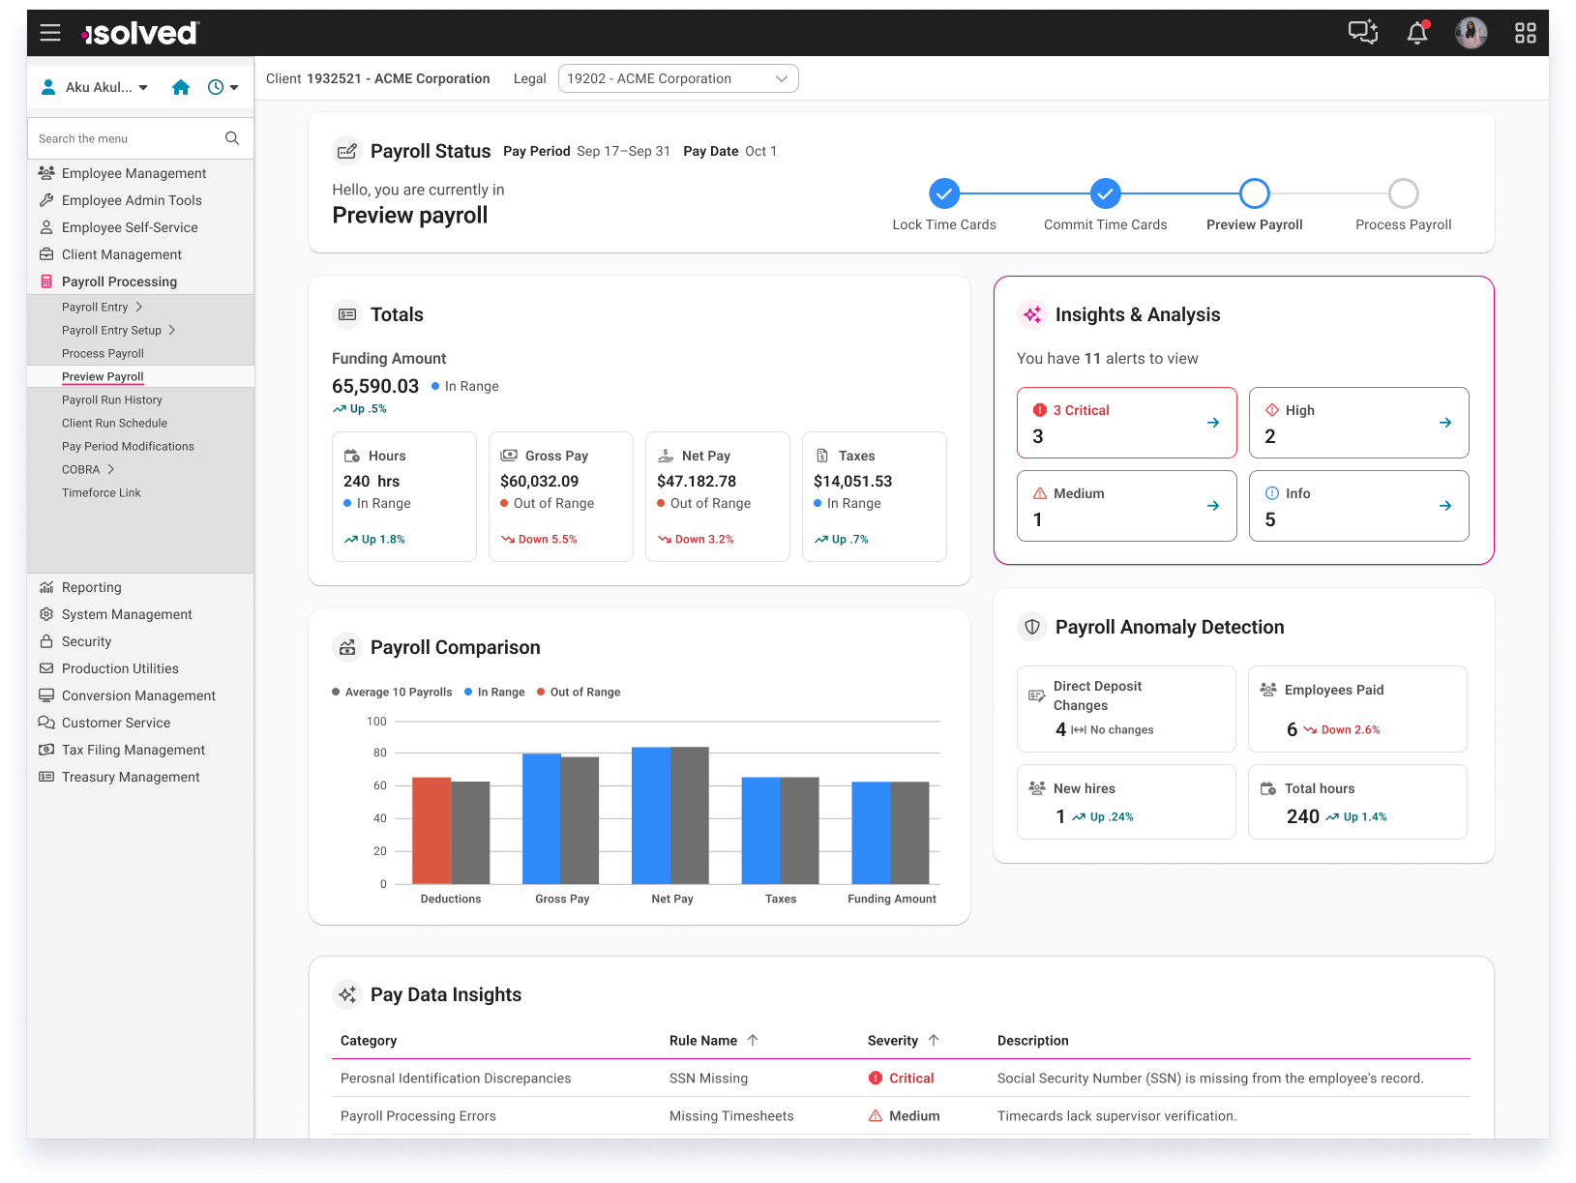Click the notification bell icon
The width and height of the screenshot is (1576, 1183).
click(1417, 32)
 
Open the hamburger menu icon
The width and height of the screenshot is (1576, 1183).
click(49, 32)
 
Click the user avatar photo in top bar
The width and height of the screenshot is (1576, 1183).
click(1472, 32)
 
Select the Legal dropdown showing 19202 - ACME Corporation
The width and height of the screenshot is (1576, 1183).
click(678, 78)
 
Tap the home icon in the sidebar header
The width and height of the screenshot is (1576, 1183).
click(181, 87)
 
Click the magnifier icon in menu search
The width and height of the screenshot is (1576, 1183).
click(232, 137)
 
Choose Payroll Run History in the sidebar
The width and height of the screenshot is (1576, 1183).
click(112, 399)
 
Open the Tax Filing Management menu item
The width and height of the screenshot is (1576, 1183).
click(134, 750)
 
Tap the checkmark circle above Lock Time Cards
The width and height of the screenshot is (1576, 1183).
click(944, 193)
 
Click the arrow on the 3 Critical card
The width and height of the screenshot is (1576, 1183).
click(1212, 422)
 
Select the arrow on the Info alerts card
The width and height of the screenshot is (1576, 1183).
click(1445, 505)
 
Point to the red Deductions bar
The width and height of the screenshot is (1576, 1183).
click(431, 830)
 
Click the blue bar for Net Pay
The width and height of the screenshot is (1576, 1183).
click(650, 814)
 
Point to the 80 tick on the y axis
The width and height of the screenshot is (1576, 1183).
click(380, 753)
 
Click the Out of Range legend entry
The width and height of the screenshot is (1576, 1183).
click(579, 692)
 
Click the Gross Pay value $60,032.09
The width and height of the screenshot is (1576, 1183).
click(539, 481)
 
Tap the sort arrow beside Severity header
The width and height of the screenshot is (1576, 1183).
click(934, 1040)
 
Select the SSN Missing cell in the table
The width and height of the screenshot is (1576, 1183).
click(708, 1078)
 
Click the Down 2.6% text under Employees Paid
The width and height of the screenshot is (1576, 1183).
click(1351, 729)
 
